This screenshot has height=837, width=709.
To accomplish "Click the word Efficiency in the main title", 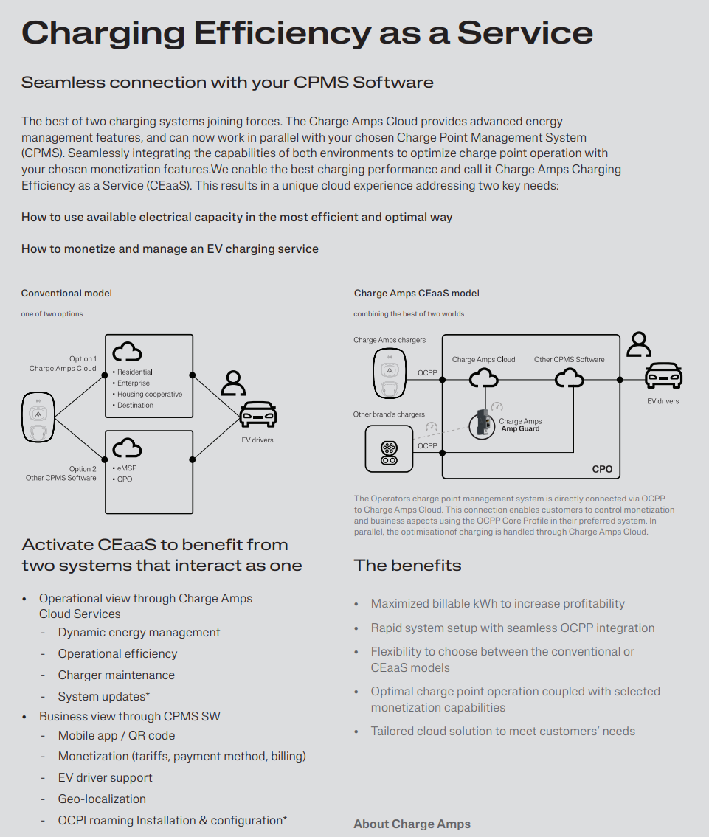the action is coord(283,33).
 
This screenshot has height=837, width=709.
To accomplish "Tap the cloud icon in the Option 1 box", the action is coord(127,352).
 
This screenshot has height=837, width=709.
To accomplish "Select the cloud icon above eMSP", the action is coord(127,448).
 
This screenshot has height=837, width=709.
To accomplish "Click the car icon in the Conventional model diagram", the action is coord(258,414).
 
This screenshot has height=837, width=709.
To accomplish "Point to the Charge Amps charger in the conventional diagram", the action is coord(38,417).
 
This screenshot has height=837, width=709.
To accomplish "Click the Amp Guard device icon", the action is coord(482,424).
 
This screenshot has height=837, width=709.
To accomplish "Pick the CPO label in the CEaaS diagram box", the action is coord(602,469).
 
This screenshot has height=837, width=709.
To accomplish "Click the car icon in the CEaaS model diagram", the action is coord(663,375).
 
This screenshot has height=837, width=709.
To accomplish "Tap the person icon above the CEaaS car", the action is coord(638,344).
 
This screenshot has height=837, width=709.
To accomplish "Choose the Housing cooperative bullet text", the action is coord(150,394).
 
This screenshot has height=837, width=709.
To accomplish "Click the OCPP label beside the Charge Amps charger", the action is coord(427,372).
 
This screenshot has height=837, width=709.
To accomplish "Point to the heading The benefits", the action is coord(407,566).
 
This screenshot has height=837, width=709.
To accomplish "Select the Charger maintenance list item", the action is coord(117,675).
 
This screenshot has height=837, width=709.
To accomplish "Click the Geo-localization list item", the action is coord(102,799).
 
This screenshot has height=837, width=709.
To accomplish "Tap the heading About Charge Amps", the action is coord(412,824).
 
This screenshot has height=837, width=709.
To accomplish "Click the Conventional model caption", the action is coord(66,293).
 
